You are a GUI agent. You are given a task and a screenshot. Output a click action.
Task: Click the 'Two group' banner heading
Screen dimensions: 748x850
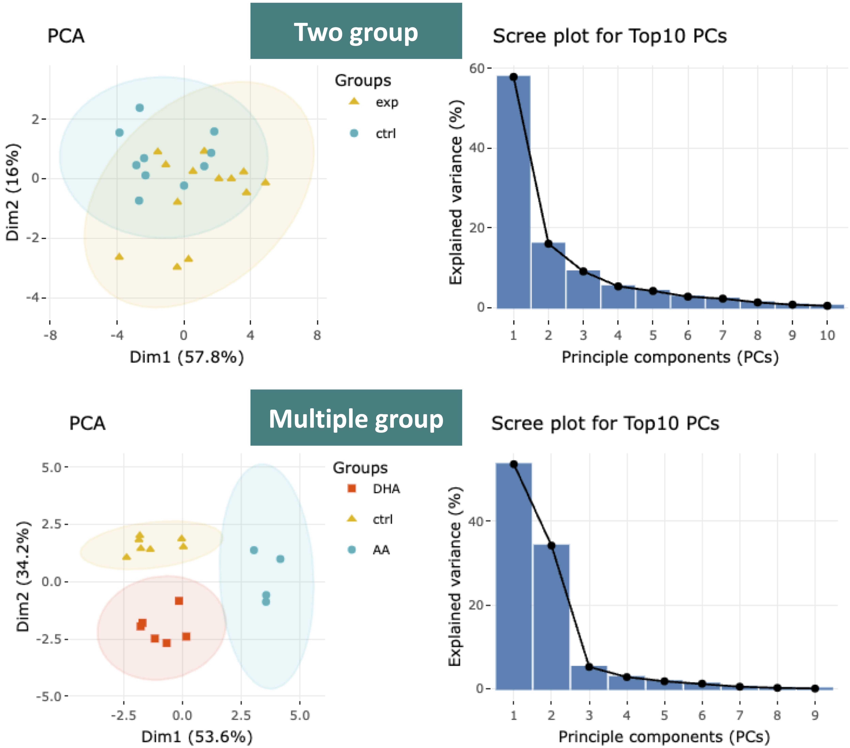pyautogui.click(x=356, y=32)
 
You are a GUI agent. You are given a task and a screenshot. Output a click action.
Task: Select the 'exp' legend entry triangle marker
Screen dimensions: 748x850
pyautogui.click(x=354, y=101)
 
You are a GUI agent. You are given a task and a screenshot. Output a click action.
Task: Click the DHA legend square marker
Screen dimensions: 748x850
pyautogui.click(x=352, y=488)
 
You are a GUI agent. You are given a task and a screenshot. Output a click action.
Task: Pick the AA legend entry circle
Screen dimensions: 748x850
pyautogui.click(x=352, y=549)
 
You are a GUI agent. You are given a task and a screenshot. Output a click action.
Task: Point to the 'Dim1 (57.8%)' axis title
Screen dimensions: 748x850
pyautogui.click(x=187, y=357)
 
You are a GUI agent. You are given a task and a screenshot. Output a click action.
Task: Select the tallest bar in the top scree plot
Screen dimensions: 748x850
pyautogui.click(x=514, y=191)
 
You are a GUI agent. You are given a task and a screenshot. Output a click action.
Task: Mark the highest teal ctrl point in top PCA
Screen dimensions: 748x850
pyautogui.click(x=140, y=108)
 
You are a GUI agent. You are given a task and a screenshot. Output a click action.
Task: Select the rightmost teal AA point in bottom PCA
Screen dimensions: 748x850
pyautogui.click(x=280, y=559)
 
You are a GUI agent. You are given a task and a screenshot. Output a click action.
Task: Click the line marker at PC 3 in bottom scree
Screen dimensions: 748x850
pyautogui.click(x=589, y=667)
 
